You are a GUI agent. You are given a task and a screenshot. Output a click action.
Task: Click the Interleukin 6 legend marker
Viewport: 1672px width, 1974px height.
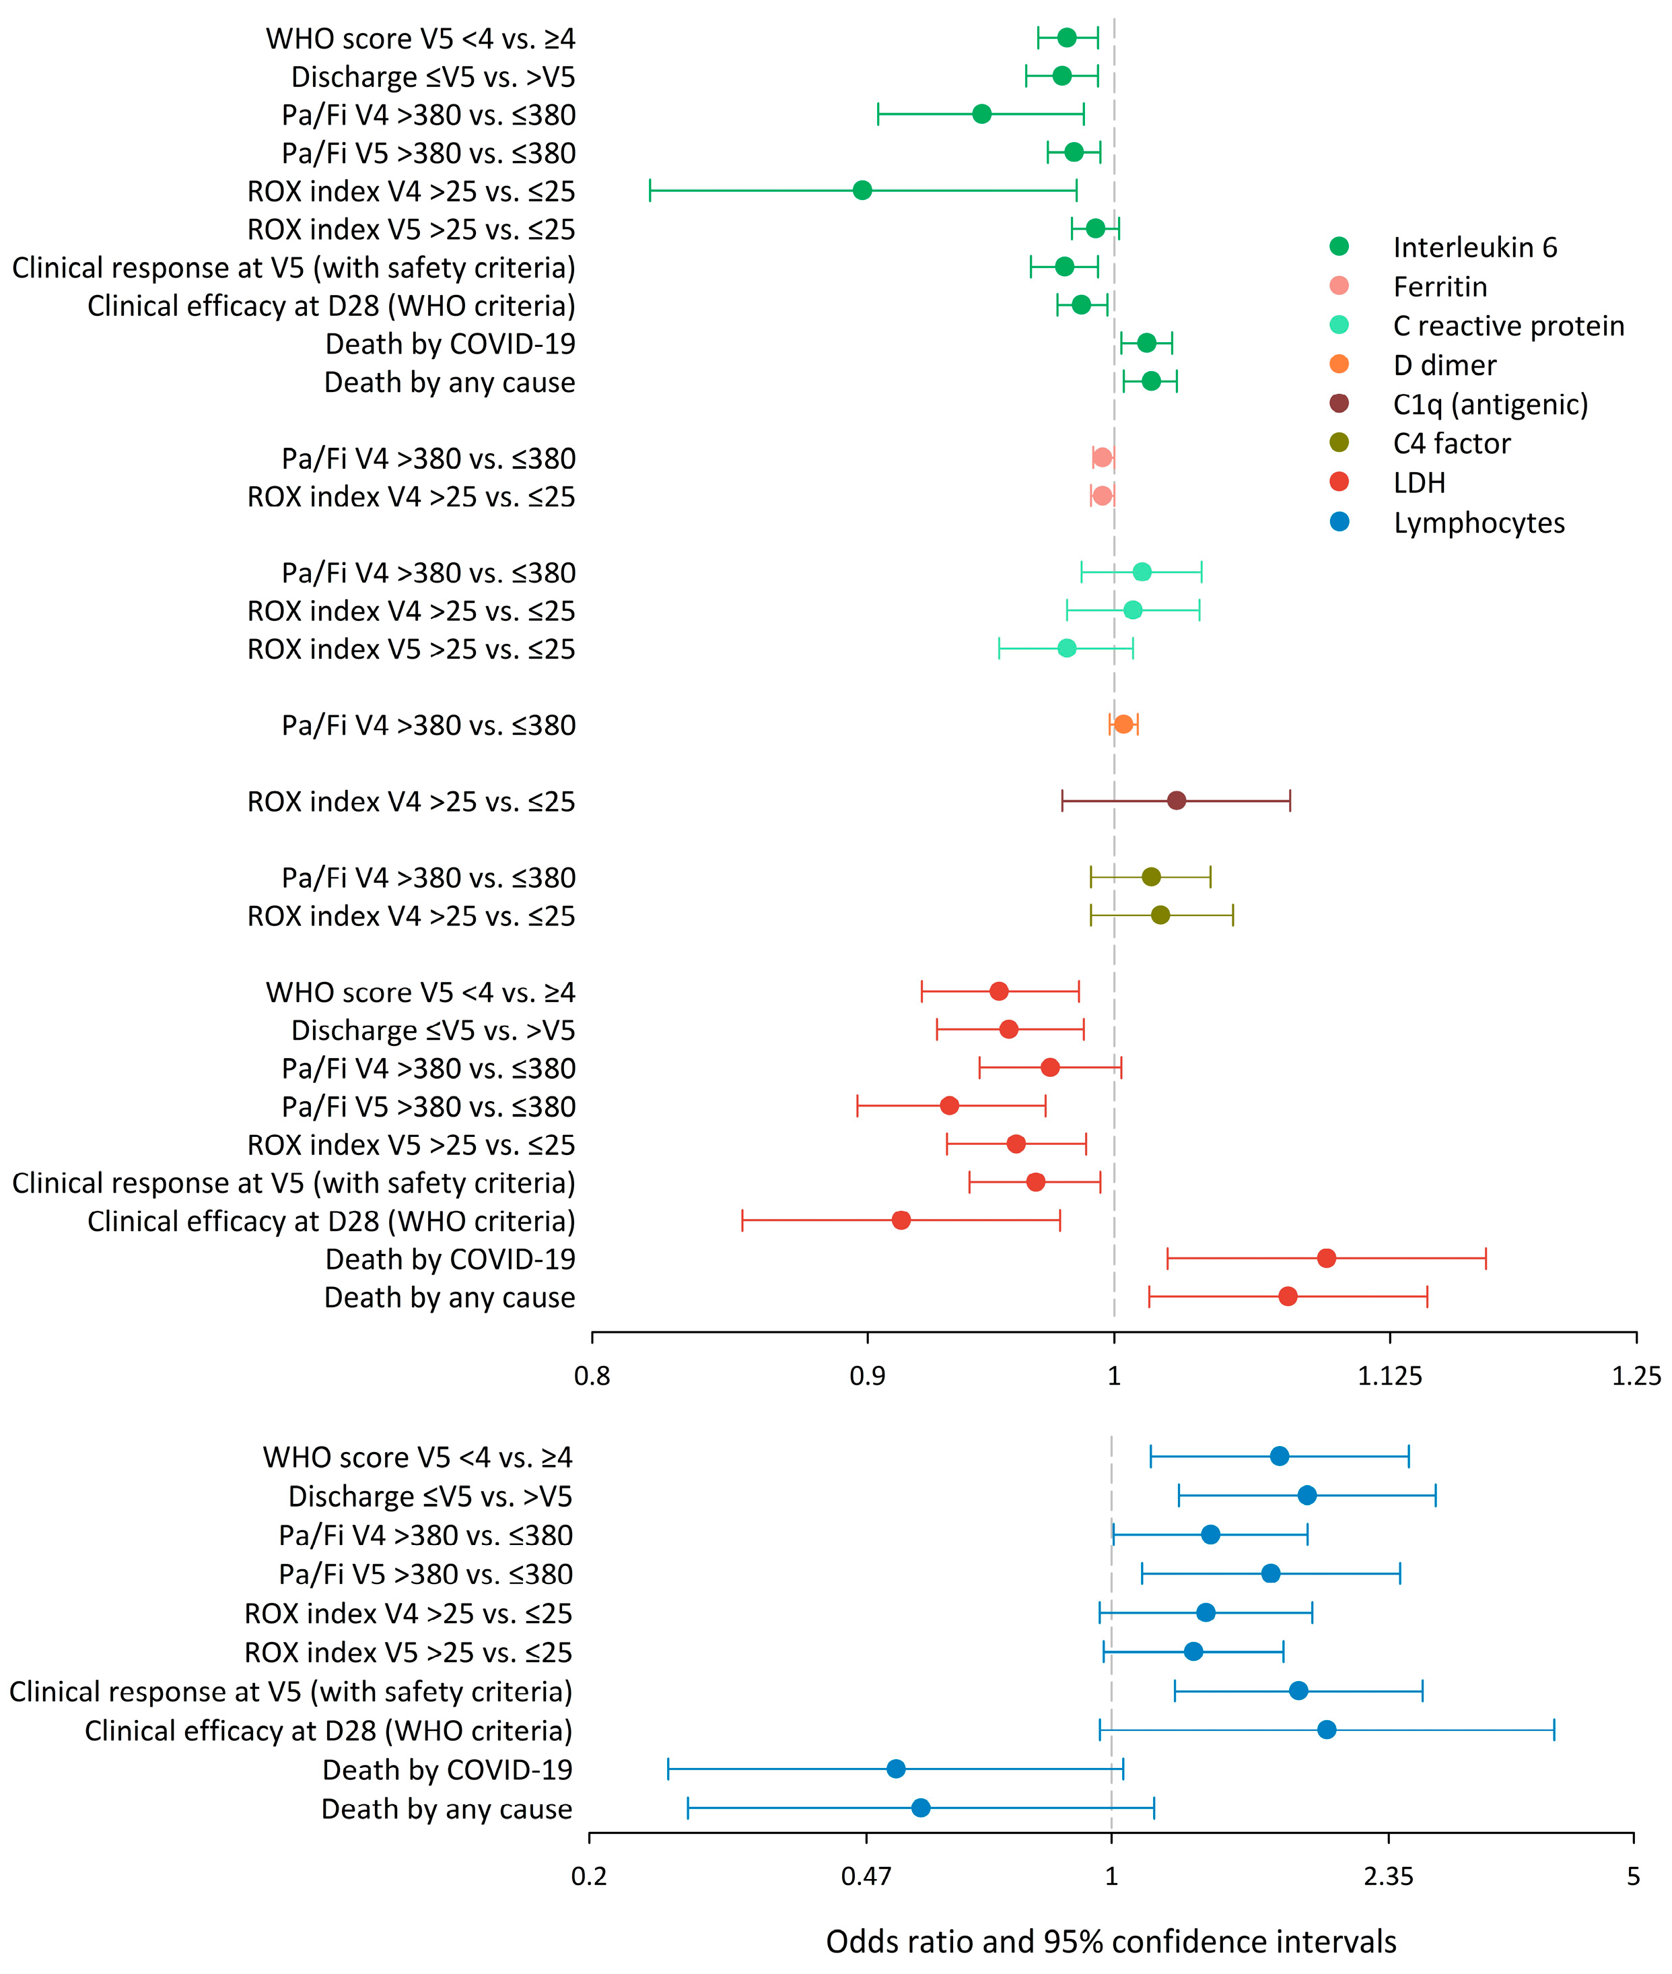click(1339, 246)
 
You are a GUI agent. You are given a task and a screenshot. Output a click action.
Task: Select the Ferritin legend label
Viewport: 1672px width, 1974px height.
click(1439, 286)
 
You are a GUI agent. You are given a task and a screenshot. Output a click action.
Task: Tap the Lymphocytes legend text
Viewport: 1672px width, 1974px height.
click(1479, 523)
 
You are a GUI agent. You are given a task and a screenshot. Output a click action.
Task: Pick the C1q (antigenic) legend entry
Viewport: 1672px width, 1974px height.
click(1490, 404)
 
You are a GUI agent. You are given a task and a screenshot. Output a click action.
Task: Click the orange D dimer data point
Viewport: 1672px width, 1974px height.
click(1123, 725)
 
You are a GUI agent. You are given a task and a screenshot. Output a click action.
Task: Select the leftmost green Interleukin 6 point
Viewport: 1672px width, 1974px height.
click(862, 191)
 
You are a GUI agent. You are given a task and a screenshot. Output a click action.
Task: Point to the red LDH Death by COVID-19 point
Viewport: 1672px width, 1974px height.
click(1326, 1258)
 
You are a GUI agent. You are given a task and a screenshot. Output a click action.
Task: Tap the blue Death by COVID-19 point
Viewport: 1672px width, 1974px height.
click(896, 1769)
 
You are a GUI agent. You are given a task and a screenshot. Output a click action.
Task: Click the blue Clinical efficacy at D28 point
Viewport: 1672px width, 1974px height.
click(1327, 1730)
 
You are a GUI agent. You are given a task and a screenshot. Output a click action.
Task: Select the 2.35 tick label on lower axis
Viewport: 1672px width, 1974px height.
click(1389, 1876)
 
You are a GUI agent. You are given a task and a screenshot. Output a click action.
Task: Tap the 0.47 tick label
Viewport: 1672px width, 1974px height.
click(866, 1876)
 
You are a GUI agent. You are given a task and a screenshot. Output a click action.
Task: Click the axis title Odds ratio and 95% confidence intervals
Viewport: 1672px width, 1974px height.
click(1111, 1941)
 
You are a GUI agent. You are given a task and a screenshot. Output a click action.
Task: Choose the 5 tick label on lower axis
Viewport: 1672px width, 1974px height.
click(1633, 1876)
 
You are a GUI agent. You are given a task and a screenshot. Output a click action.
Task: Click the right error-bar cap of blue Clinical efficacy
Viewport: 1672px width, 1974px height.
click(1554, 1730)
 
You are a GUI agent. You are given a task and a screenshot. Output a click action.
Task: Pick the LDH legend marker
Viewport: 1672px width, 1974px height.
click(1339, 483)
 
